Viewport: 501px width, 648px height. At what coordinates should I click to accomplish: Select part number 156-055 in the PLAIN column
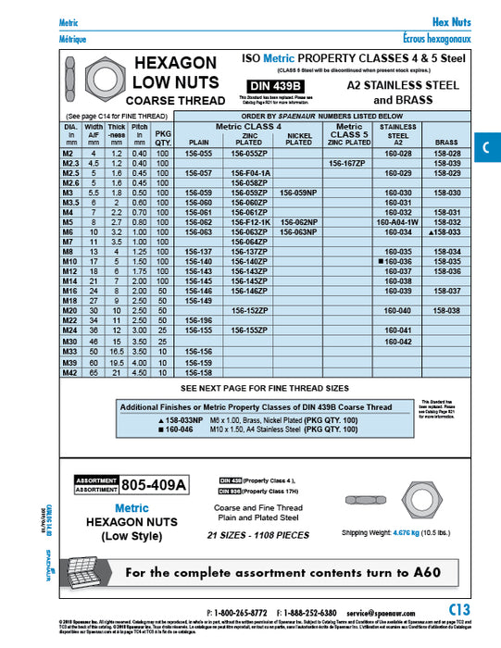click(x=200, y=153)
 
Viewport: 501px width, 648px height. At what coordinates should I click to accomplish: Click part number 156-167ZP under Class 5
click(x=348, y=163)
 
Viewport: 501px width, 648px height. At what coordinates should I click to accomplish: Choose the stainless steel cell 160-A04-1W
click(x=399, y=223)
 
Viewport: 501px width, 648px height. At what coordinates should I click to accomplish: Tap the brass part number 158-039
click(x=447, y=163)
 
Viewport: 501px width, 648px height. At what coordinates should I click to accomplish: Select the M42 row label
click(x=70, y=372)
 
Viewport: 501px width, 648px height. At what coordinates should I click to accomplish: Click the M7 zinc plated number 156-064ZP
click(x=250, y=243)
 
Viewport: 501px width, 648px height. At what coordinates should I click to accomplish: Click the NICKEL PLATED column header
click(x=299, y=140)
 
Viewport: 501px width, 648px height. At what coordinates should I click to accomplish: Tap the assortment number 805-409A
click(x=154, y=483)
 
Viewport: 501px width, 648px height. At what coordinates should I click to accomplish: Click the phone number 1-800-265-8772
click(x=240, y=613)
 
